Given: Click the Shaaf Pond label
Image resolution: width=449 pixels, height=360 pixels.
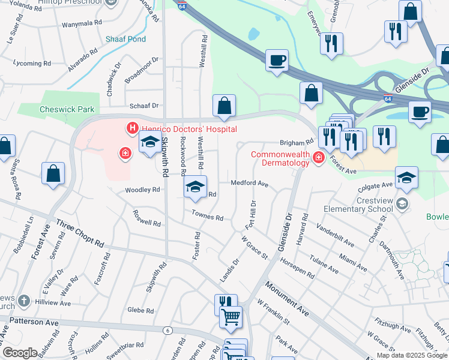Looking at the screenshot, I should pyautogui.click(x=125, y=39).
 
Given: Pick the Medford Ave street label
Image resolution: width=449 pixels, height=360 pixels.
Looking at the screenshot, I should pyautogui.click(x=249, y=184).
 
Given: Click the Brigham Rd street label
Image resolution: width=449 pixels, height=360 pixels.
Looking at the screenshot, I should pyautogui.click(x=297, y=143).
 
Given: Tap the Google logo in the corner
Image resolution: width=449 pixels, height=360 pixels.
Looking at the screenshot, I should pyautogui.click(x=20, y=353).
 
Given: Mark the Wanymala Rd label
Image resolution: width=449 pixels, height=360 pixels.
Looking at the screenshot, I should pyautogui.click(x=82, y=25).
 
